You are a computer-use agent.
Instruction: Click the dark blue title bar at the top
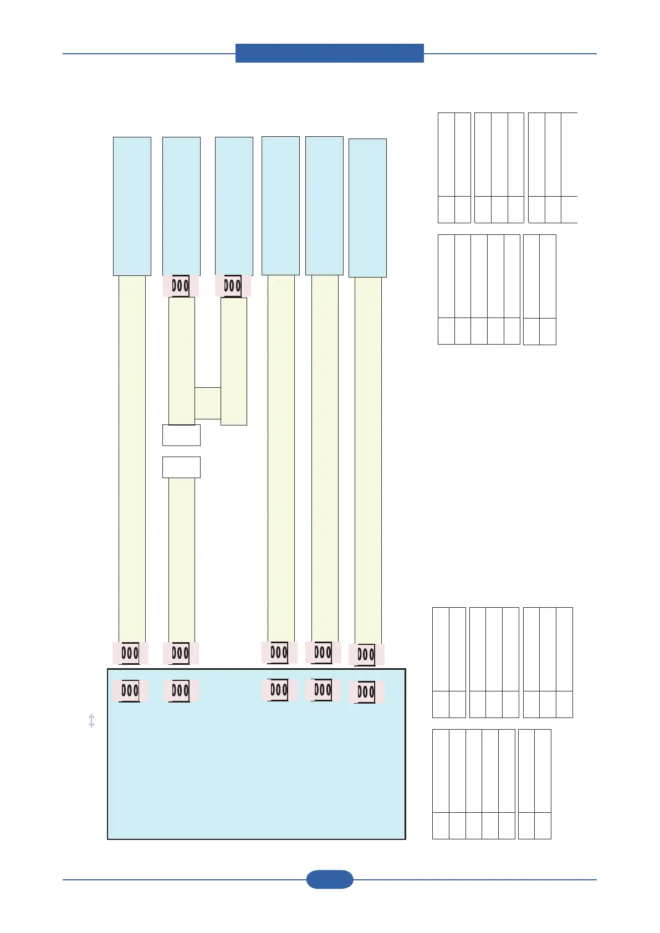click(x=329, y=53)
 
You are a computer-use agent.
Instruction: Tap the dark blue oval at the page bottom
click(x=329, y=879)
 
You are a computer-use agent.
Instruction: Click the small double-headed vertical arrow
click(x=91, y=720)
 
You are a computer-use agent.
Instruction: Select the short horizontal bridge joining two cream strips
click(x=208, y=403)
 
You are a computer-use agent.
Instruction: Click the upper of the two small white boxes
click(x=181, y=435)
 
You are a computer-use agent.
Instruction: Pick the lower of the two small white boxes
click(x=181, y=467)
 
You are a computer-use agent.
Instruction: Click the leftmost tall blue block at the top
click(x=132, y=206)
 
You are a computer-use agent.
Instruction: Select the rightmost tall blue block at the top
click(x=367, y=208)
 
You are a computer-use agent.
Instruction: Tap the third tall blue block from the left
click(x=234, y=206)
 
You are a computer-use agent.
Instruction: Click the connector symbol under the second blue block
click(x=181, y=286)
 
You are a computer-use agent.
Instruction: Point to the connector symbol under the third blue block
click(x=233, y=286)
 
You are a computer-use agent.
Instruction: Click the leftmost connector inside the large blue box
click(x=130, y=691)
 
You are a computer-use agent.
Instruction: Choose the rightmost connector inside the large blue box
click(x=366, y=692)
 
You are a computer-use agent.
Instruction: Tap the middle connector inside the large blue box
click(x=279, y=690)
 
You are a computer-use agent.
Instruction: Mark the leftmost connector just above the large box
click(x=130, y=653)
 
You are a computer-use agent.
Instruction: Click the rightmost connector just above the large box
click(x=366, y=655)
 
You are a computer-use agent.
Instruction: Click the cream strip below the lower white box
click(x=181, y=560)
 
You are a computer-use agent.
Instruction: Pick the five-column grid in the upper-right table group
click(x=479, y=289)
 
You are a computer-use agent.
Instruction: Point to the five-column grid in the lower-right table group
click(x=473, y=784)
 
